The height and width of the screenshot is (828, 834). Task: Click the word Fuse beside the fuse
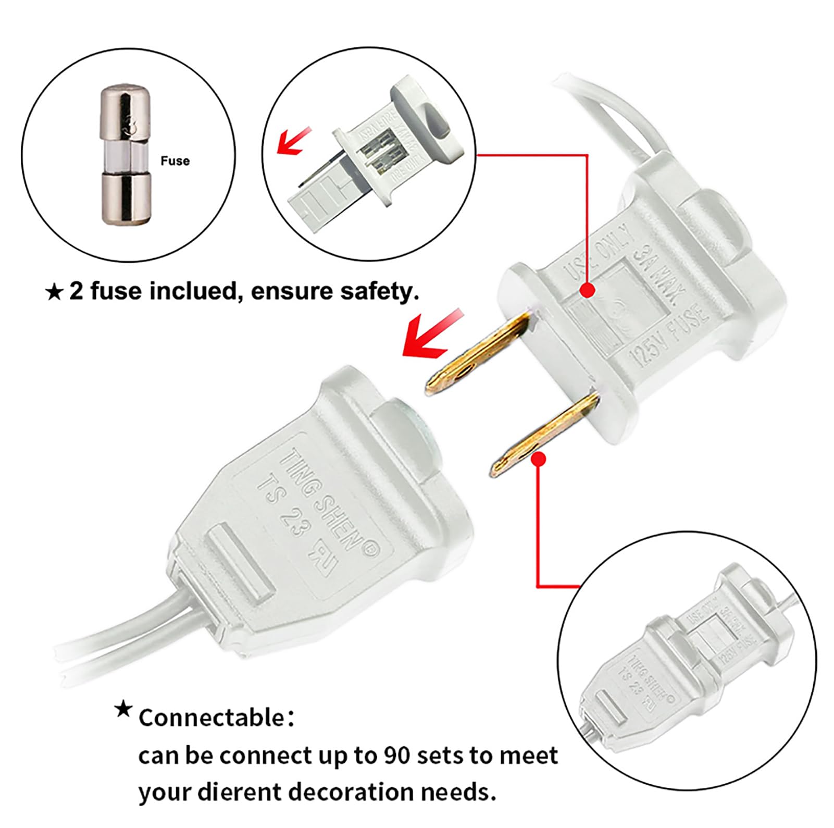175,161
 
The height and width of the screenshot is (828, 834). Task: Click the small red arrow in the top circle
293,141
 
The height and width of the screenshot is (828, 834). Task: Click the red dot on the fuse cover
588,290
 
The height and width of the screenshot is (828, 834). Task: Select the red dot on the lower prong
540,459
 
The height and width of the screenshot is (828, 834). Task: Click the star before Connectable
123,709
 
